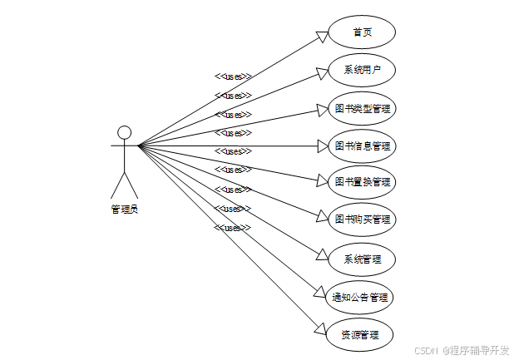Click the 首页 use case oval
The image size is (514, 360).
tap(362, 32)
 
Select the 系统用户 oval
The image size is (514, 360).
tap(362, 70)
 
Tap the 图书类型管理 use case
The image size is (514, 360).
tap(362, 108)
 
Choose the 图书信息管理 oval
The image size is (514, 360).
tap(362, 146)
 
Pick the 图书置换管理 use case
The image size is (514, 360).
tap(362, 181)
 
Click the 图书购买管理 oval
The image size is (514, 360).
tap(362, 219)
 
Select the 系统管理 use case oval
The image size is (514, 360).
tap(362, 259)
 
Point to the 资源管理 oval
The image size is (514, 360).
tap(360, 335)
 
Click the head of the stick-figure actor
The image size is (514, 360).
tap(125, 132)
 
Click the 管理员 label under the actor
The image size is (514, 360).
tap(125, 210)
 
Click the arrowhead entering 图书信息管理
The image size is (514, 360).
tap(323, 146)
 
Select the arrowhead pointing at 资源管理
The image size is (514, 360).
tap(321, 329)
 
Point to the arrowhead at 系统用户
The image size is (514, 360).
tap(323, 73)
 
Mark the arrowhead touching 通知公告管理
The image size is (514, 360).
tap(321, 291)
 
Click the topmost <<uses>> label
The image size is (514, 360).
tap(233, 76)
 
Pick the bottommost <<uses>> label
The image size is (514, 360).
tap(232, 227)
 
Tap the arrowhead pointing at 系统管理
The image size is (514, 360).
tap(323, 253)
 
